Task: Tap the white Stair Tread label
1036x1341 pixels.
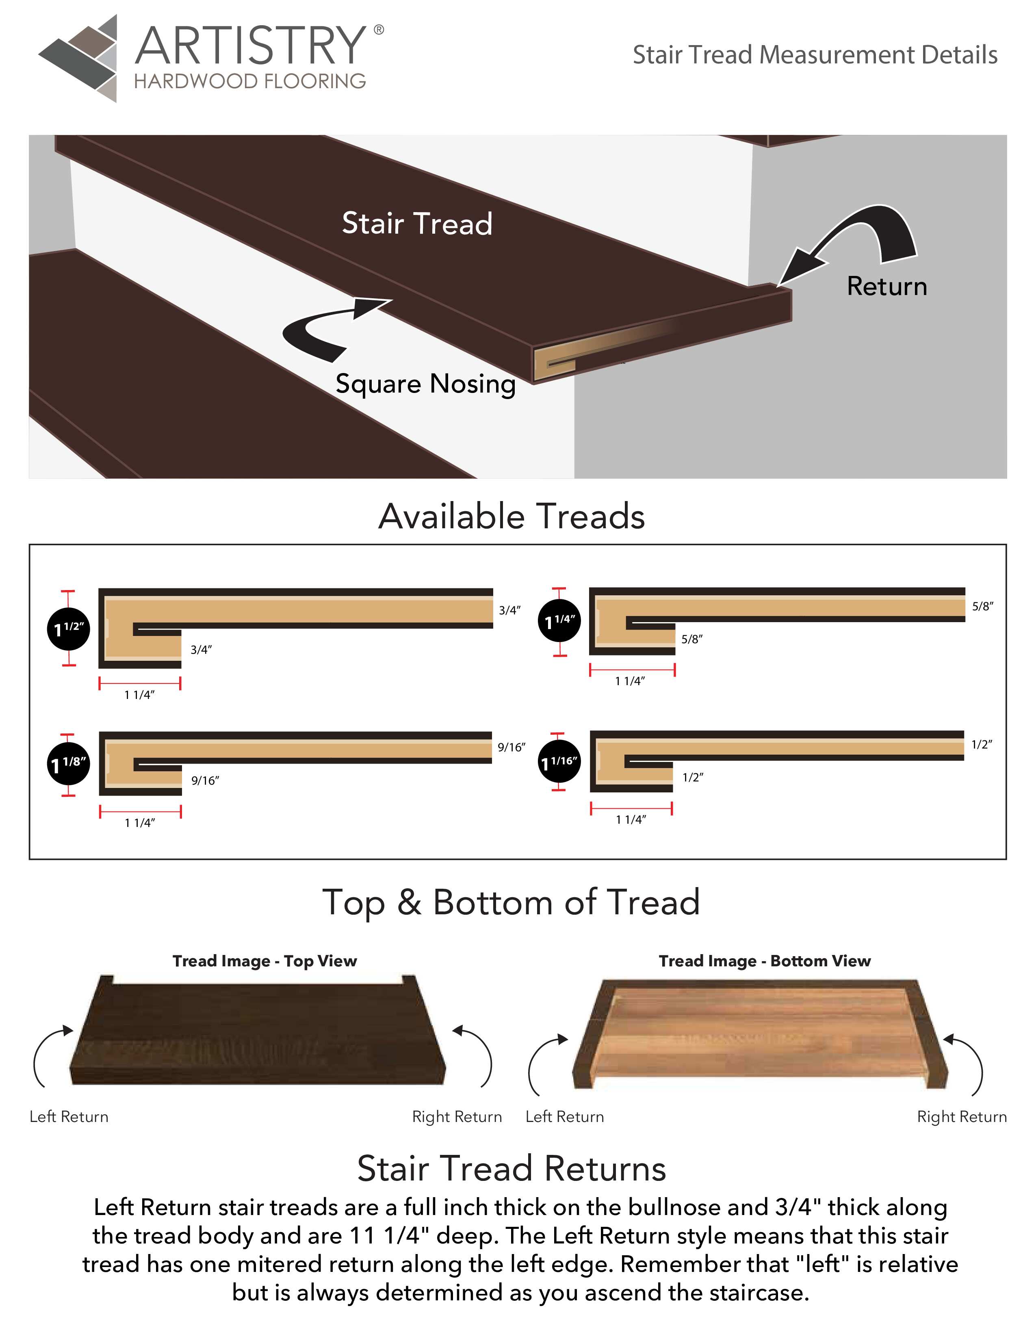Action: coord(417,223)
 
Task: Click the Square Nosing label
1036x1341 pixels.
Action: coord(425,384)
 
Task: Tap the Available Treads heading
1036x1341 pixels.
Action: coord(511,516)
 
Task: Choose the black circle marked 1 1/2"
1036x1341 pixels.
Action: coord(68,628)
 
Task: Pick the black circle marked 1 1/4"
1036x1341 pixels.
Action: coord(559,621)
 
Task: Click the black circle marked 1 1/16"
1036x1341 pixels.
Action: coord(559,762)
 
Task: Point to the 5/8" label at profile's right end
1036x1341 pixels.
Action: coord(982,606)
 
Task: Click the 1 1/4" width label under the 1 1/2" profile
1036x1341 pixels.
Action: coord(139,694)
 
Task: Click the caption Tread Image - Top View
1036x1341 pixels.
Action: coord(264,961)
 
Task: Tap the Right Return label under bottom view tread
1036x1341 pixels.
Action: coord(961,1117)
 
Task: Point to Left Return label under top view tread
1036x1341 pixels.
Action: coord(69,1117)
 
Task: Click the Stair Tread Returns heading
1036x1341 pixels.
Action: coord(511,1168)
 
